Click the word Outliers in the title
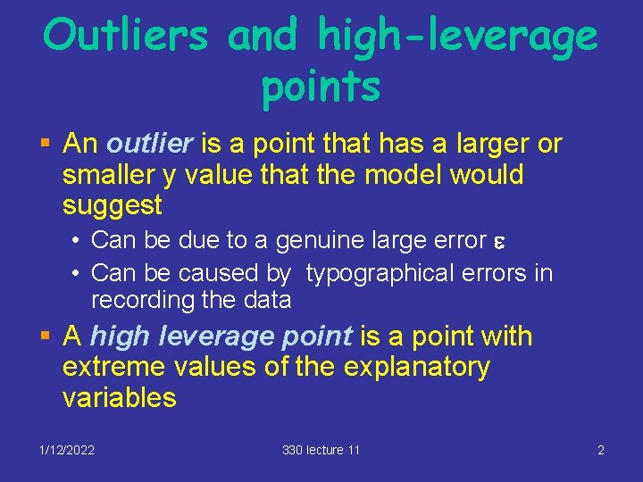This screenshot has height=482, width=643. [127, 36]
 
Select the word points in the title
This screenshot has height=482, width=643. [321, 87]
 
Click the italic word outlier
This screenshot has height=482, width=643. [149, 144]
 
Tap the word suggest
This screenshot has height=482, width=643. [113, 205]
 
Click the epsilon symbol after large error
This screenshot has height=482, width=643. [498, 241]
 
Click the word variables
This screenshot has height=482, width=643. [120, 397]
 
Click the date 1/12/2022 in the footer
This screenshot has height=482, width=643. [67, 450]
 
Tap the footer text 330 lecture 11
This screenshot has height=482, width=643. [321, 450]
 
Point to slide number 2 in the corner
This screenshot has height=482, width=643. [601, 450]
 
